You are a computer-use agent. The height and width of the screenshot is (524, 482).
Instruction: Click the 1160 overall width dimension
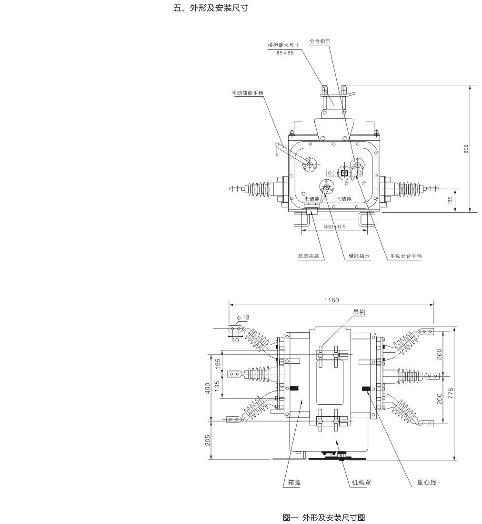pos(331,300)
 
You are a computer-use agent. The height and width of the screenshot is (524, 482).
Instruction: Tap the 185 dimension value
pos(450,200)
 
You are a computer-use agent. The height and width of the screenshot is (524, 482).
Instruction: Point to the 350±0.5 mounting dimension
pos(334,226)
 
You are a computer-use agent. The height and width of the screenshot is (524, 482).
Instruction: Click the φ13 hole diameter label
pos(243,317)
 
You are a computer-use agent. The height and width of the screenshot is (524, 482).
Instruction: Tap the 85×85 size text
pos(285,52)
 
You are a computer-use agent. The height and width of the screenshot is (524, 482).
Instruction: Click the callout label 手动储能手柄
pos(247,92)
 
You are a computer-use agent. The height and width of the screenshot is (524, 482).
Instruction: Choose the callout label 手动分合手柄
pos(406,256)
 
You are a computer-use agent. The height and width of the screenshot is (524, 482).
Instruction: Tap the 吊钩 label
pos(359,311)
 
